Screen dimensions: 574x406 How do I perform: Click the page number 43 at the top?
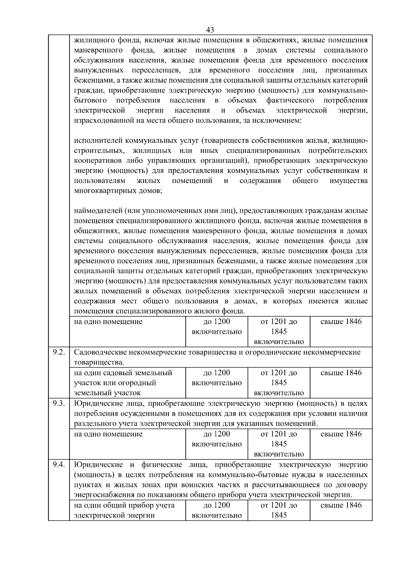(210, 30)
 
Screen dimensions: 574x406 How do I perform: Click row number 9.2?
(59, 352)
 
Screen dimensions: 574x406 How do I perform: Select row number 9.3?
(59, 403)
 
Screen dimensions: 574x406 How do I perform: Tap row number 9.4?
(59, 465)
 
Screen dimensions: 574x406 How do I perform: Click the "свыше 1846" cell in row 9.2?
(341, 373)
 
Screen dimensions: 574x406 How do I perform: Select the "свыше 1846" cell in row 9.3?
(341, 434)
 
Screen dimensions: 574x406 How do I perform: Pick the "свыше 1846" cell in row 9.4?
(341, 505)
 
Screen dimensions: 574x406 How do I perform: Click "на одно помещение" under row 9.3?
(108, 434)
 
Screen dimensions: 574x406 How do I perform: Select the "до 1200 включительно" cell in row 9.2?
(217, 378)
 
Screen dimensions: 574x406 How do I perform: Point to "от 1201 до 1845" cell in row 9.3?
(279, 439)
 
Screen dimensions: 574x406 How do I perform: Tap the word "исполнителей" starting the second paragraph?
(98, 140)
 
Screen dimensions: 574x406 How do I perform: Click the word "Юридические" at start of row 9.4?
(96, 465)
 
